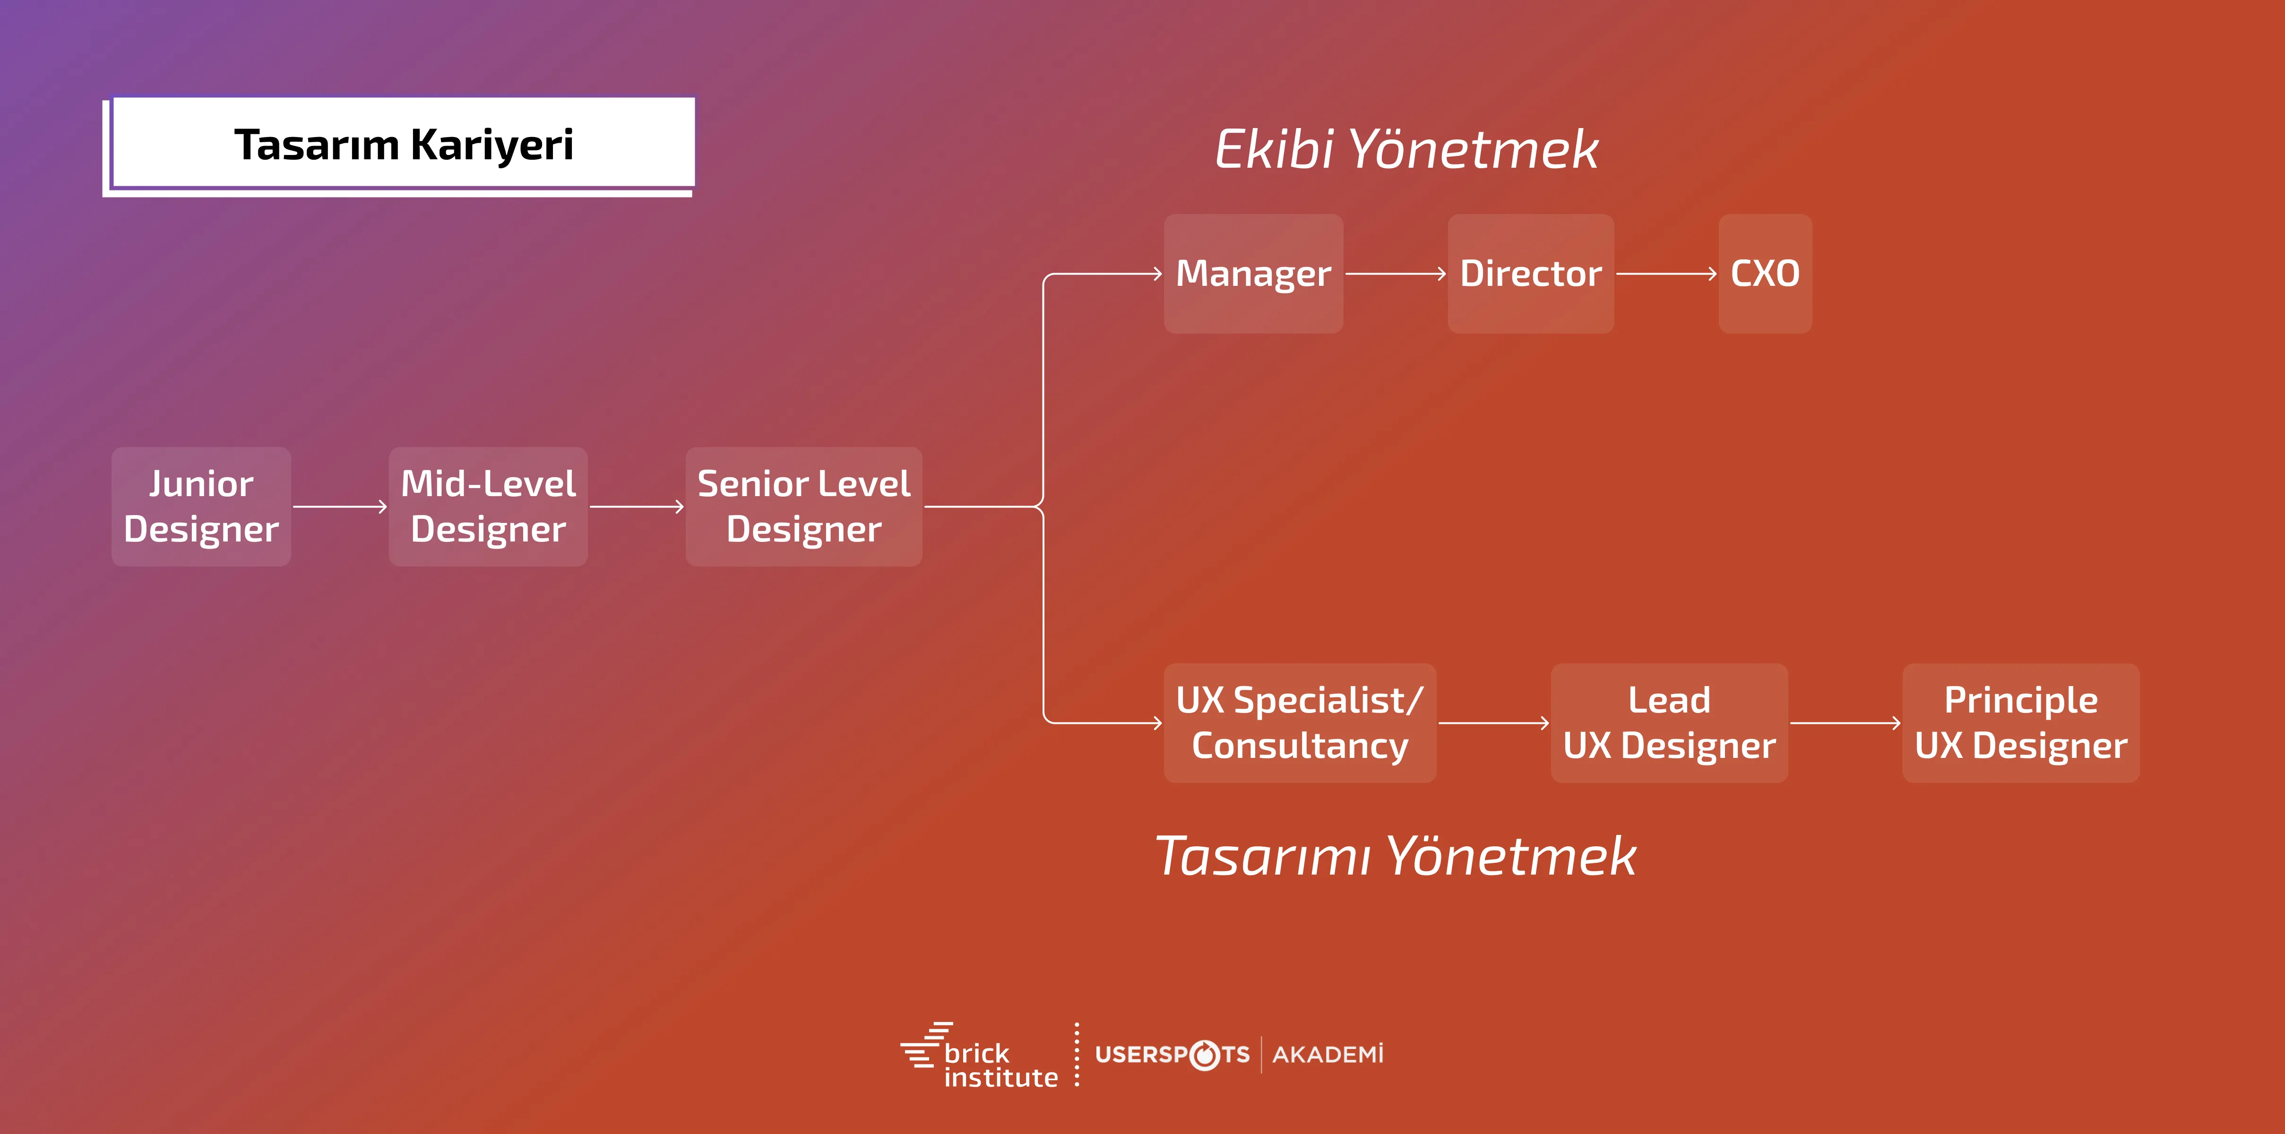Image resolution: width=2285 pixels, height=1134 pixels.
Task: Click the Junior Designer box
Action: (x=201, y=506)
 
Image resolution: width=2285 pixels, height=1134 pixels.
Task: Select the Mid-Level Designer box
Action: (x=488, y=506)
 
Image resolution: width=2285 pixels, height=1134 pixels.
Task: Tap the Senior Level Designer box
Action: (x=804, y=506)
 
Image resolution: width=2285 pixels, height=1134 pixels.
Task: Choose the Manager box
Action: (x=1253, y=273)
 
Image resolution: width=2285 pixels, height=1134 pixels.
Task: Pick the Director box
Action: (x=1530, y=273)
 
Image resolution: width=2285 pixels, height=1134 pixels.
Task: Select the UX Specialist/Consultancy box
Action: (x=1300, y=722)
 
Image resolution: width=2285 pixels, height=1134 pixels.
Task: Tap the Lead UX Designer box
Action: (x=1669, y=722)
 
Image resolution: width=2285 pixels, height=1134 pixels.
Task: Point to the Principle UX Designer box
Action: (x=2021, y=722)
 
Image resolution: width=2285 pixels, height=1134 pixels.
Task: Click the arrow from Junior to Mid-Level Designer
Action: (x=340, y=507)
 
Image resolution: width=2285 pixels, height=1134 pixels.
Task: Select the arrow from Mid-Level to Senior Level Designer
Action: (x=636, y=507)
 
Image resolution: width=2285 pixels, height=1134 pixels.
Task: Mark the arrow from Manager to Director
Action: (x=1395, y=274)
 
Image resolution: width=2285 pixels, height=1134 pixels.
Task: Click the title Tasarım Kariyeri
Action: (x=404, y=145)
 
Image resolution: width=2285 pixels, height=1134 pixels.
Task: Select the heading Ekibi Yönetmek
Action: (x=1406, y=149)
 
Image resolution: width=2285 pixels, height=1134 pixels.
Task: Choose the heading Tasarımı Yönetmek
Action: (x=1395, y=857)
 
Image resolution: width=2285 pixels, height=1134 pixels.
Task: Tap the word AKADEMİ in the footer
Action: (x=1328, y=1054)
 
